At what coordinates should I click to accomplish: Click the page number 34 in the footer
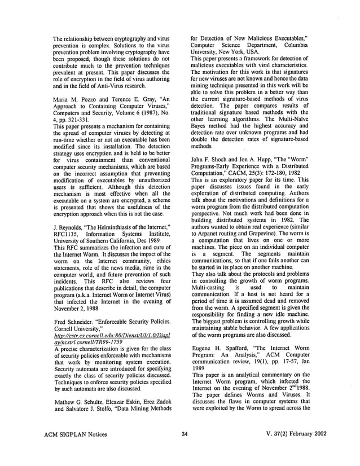click(184, 449)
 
